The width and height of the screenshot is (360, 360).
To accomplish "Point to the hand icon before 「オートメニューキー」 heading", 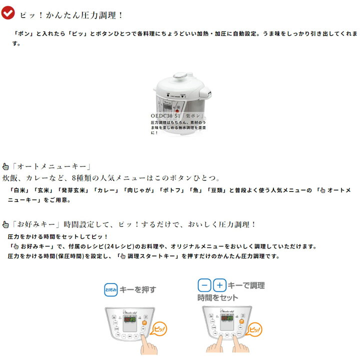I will click(x=5, y=167).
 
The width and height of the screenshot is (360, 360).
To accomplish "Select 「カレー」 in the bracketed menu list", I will click(x=105, y=190).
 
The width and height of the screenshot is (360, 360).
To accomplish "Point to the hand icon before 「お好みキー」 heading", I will click(x=5, y=224).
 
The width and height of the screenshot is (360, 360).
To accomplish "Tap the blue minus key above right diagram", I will click(x=204, y=286).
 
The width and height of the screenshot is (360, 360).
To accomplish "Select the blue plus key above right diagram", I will click(x=219, y=286).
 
